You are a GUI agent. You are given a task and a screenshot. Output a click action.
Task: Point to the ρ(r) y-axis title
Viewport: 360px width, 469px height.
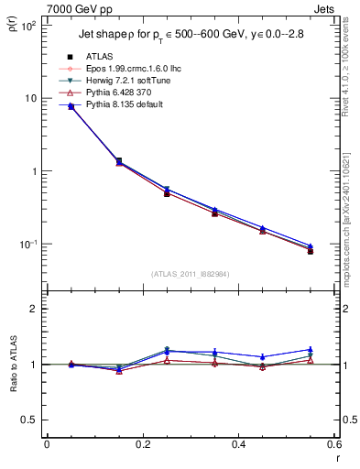coord(12,35)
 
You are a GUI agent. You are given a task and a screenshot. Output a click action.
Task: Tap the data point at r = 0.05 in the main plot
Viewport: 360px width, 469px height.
coord(71,106)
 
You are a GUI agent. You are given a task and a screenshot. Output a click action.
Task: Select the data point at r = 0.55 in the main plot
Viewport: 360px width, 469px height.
coord(311,250)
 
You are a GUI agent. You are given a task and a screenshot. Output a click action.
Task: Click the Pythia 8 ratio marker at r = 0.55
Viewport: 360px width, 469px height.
coord(311,350)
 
